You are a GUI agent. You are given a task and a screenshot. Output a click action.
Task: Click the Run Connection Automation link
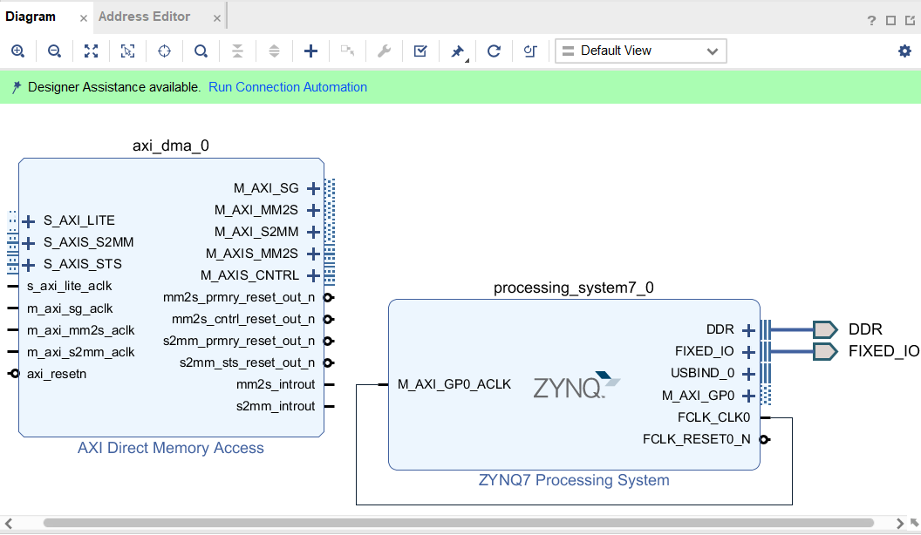[288, 87]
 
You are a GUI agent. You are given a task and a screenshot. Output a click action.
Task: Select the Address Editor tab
[144, 17]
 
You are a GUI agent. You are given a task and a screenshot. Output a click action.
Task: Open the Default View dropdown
[640, 51]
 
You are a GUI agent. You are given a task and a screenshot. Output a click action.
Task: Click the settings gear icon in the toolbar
[904, 51]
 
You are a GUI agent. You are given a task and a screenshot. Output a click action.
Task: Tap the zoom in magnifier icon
[17, 51]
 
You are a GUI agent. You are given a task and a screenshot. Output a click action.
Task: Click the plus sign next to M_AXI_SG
[313, 188]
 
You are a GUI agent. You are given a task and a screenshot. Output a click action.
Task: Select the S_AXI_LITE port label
[79, 220]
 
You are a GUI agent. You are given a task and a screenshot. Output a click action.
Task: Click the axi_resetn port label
[57, 374]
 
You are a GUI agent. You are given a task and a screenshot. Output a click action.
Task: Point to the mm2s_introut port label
[276, 384]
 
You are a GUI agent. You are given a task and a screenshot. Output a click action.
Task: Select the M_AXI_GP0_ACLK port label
[454, 383]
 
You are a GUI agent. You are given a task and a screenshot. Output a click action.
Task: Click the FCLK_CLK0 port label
[713, 417]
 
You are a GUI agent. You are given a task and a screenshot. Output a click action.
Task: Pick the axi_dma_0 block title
[171, 146]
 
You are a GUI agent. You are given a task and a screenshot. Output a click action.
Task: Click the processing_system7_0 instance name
[573, 288]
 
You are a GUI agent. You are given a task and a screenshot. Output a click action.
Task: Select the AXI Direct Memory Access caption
[171, 448]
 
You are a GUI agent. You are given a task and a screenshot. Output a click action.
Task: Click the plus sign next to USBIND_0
[747, 374]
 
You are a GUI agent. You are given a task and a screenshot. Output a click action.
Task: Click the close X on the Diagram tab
[84, 17]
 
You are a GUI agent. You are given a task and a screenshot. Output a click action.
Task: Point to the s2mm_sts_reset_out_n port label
[248, 362]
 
